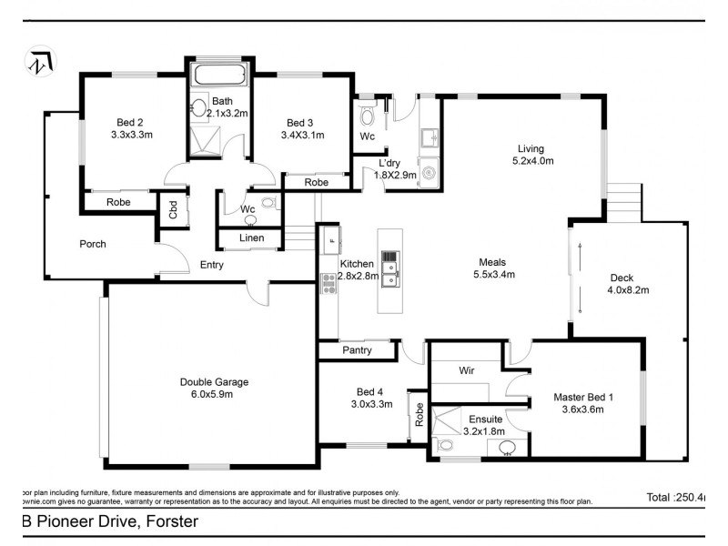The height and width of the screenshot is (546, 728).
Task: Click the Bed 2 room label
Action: [130, 123]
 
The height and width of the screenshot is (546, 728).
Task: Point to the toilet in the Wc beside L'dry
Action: [367, 116]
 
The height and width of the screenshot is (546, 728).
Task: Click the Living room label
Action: [531, 148]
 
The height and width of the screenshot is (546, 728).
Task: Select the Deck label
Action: [622, 278]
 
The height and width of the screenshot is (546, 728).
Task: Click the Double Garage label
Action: [214, 382]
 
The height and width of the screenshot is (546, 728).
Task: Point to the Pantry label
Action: [356, 349]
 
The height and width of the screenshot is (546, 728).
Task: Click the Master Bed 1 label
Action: [584, 397]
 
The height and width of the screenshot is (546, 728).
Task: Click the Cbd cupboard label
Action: [173, 211]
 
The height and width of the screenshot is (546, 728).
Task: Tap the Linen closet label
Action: [251, 238]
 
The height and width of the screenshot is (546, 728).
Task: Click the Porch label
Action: [93, 244]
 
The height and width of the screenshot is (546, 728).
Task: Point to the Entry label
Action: [211, 265]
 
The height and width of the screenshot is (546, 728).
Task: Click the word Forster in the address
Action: [167, 521]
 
